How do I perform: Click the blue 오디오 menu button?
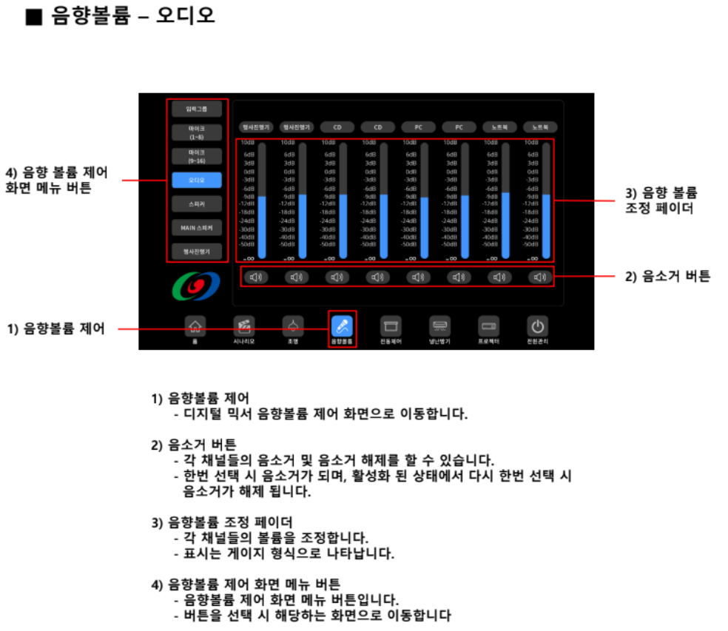point(197,179)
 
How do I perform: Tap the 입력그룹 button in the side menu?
point(197,109)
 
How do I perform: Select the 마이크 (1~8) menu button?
point(197,132)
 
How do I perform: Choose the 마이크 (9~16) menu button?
point(197,155)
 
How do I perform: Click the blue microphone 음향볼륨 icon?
point(342,325)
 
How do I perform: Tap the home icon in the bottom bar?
point(195,325)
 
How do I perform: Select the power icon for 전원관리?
point(538,325)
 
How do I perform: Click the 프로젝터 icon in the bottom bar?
point(489,325)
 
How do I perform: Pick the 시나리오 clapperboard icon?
point(244,325)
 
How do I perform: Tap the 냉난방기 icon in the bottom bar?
point(440,325)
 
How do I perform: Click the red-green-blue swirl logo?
point(197,286)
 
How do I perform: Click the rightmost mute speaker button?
point(540,277)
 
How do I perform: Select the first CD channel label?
point(337,127)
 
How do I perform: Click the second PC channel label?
point(459,127)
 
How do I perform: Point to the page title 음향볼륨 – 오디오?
point(133,16)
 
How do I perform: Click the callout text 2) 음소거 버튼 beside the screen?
point(668,276)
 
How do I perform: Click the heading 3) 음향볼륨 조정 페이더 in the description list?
point(221,522)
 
